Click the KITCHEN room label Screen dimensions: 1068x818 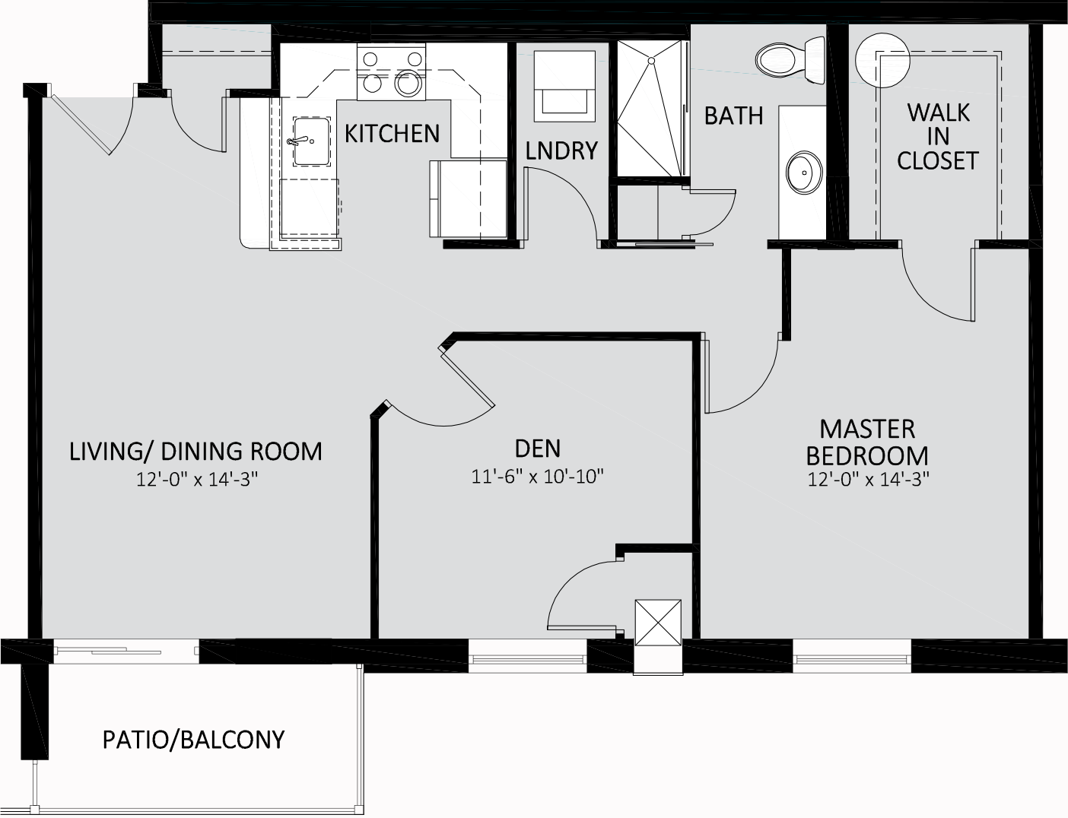coord(392,134)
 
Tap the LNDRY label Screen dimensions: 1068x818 coord(561,151)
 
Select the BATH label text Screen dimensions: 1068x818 coord(734,116)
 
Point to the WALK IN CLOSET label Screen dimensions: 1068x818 coord(938,137)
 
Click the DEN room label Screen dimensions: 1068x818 coord(538,449)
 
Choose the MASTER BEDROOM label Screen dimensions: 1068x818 coord(867,442)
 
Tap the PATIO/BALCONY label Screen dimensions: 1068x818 coord(194,740)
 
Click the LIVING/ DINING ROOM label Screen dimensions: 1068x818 coord(195,452)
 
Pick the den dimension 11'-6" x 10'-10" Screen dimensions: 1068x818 coord(537,477)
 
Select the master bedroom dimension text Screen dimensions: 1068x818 coord(869,479)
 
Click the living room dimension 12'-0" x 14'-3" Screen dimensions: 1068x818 coord(197,480)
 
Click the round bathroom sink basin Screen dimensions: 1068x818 coord(804,173)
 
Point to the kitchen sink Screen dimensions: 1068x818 coord(311,141)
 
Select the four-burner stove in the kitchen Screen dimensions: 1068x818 coord(391,71)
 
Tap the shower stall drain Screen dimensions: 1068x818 coord(651,61)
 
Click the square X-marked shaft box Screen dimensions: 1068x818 coord(658,622)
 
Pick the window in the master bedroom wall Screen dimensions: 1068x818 coord(852,656)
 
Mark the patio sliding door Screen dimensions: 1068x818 coord(126,652)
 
